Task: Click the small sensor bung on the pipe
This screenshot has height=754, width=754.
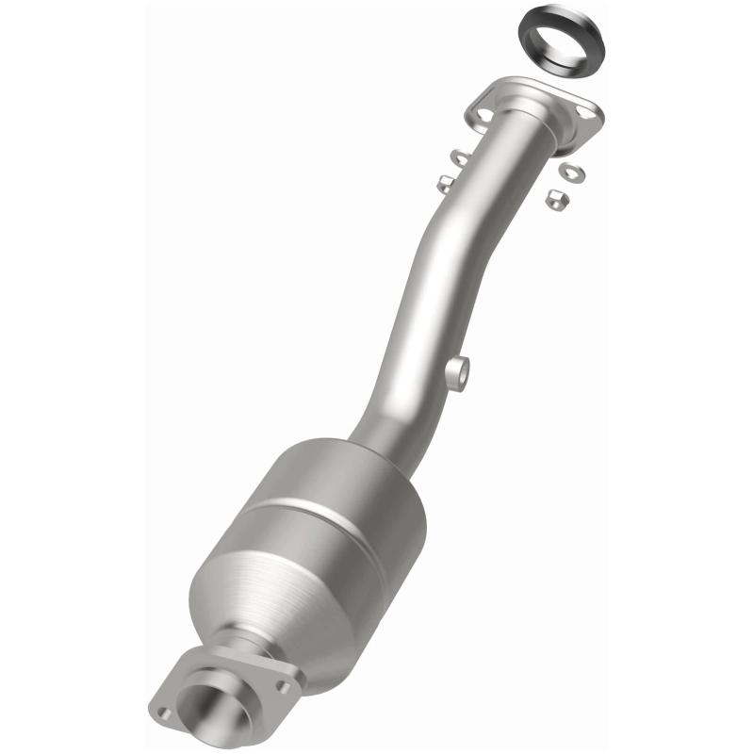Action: click(x=460, y=370)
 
